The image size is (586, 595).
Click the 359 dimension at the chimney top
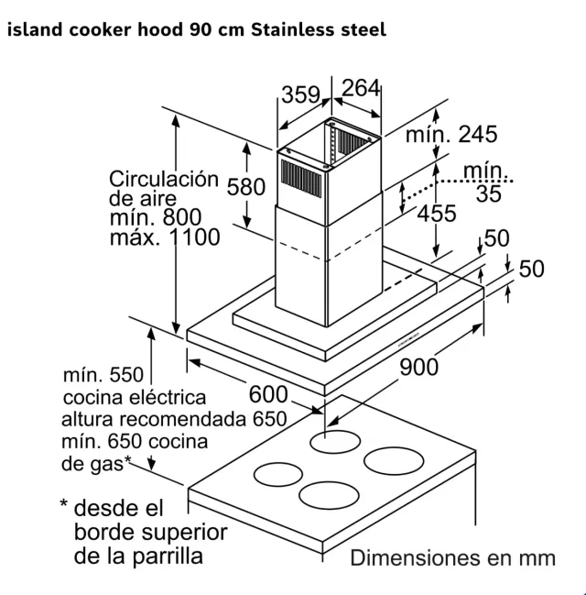pyautogui.click(x=300, y=94)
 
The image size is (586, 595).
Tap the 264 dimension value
pyautogui.click(x=360, y=88)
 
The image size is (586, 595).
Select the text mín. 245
pyautogui.click(x=451, y=135)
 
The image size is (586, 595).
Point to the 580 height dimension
pyautogui.click(x=245, y=187)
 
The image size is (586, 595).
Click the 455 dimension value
pyautogui.click(x=437, y=215)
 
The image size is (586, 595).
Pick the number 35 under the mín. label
pyautogui.click(x=489, y=193)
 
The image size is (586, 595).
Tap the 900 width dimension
pyautogui.click(x=418, y=366)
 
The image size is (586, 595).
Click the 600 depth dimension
pyautogui.click(x=269, y=395)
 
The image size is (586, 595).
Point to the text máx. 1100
pyautogui.click(x=165, y=237)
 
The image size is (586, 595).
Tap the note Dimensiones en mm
pyautogui.click(x=452, y=557)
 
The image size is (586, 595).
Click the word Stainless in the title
pyautogui.click(x=290, y=30)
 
